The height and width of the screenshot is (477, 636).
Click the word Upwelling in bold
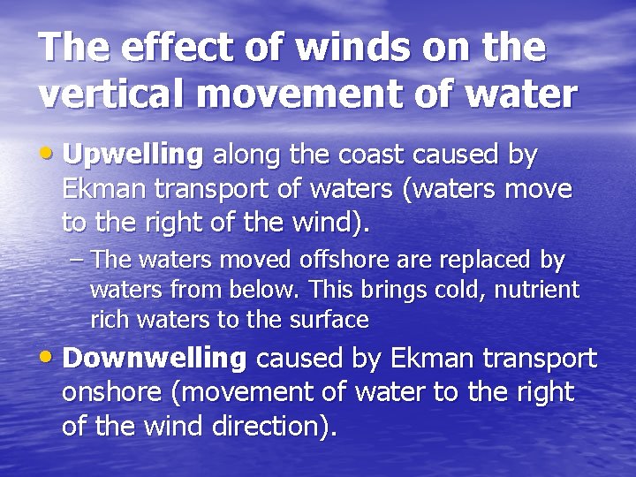tap(133, 155)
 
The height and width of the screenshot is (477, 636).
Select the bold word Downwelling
tap(155, 359)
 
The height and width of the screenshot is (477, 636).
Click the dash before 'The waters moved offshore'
tap(77, 261)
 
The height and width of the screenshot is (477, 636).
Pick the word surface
tap(331, 320)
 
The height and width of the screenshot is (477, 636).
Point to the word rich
tap(109, 320)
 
